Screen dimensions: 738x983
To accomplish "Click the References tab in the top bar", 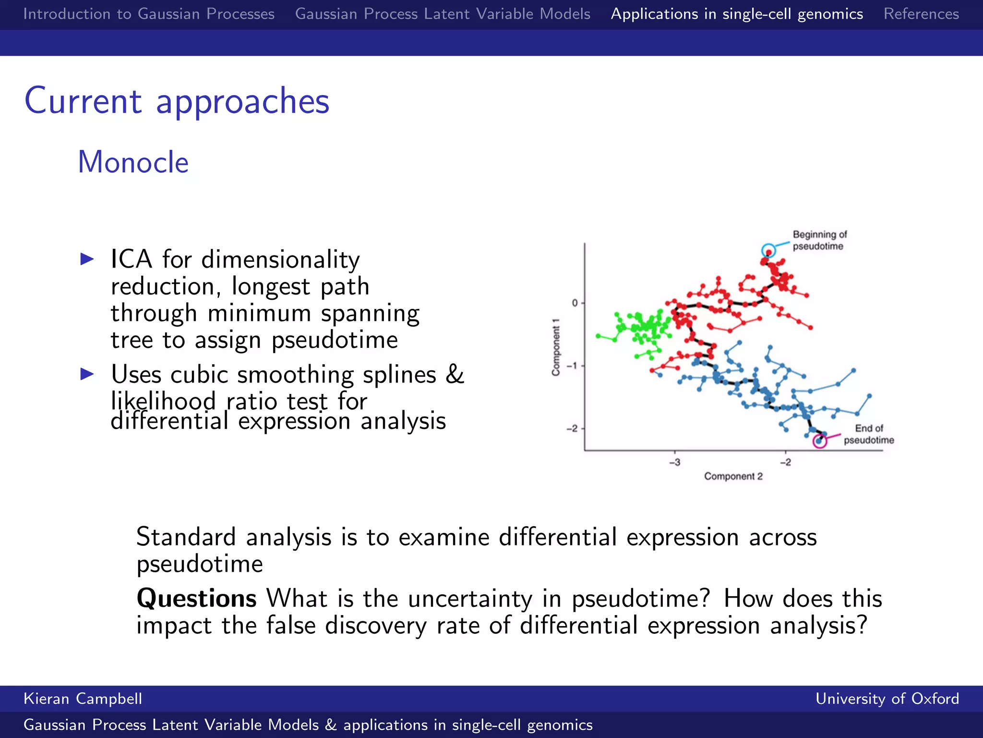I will point(921,14).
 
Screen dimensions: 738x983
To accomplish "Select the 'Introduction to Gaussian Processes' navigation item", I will point(149,14).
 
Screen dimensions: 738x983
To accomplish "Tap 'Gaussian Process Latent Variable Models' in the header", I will point(443,14).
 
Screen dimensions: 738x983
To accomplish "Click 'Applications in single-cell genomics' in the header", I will point(737,14).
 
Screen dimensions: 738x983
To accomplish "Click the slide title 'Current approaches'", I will point(177,101).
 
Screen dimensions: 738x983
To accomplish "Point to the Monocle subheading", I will point(133,162).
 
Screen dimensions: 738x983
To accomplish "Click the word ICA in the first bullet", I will point(131,259).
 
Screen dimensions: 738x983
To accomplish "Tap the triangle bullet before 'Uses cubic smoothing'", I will point(87,374).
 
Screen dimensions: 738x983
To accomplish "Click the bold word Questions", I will point(197,599).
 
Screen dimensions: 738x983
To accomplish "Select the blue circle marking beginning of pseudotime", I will point(768,250).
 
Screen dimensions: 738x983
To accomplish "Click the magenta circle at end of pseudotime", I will point(819,441).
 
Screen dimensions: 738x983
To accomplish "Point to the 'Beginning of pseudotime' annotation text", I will point(819,240).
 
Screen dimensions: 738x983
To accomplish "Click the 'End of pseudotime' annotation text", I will point(869,434).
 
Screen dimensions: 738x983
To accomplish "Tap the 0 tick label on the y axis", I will point(575,303).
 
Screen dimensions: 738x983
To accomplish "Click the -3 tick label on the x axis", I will point(674,462).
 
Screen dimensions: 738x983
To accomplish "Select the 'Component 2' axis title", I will point(733,476).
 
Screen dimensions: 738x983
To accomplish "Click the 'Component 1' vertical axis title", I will point(556,347).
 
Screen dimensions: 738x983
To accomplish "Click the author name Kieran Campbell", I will point(83,699).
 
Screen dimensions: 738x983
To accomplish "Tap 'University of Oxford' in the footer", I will point(887,699).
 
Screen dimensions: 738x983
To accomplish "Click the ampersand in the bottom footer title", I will point(331,725).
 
